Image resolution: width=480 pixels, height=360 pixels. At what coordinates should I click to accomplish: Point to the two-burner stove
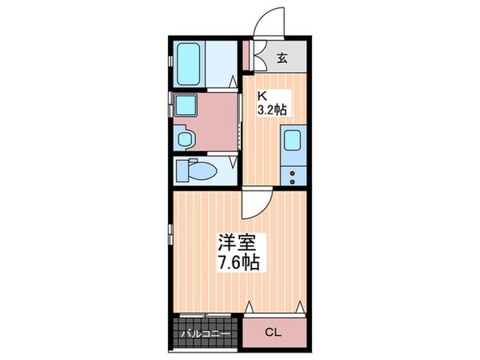[293, 176]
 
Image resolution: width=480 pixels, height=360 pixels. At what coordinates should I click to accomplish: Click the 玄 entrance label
[282, 58]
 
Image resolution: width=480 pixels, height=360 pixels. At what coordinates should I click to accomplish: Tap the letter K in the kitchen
[261, 97]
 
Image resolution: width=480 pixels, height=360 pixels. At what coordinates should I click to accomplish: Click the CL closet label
[274, 332]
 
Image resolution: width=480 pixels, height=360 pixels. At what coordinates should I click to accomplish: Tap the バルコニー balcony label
[204, 333]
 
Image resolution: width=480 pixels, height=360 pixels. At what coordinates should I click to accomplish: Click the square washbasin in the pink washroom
[186, 105]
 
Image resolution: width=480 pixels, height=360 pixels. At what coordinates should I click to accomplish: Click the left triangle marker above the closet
[250, 307]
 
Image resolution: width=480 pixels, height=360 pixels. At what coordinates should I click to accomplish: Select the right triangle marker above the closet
[299, 307]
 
